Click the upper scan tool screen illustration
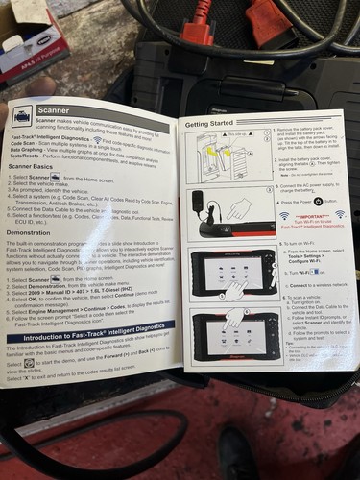pyautogui.click(x=230, y=275)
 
